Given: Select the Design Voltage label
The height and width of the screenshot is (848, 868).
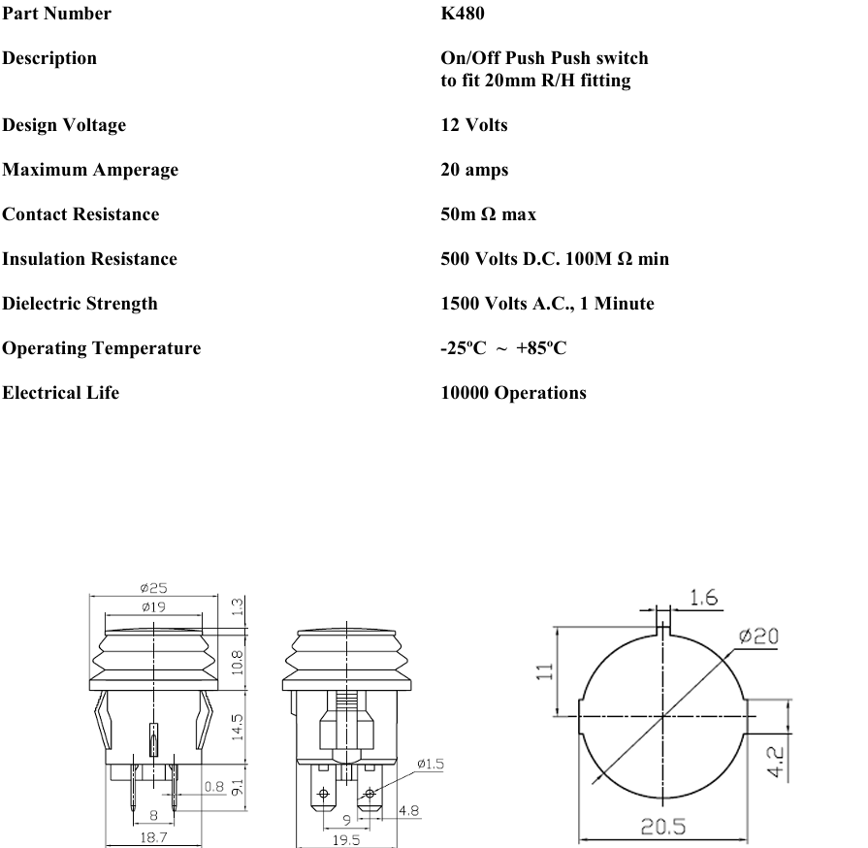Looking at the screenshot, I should [64, 125].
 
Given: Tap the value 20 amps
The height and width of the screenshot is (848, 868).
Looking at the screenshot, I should [474, 170].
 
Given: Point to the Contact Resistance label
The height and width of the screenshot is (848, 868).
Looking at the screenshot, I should [80, 214].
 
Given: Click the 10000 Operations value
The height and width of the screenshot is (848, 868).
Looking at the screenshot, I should [513, 393].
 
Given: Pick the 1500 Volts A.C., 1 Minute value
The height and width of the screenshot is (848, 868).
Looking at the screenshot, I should [547, 304].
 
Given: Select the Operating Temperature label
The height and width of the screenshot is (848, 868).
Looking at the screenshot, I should [101, 348].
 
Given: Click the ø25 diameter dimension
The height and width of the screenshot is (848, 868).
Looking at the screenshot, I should [153, 588].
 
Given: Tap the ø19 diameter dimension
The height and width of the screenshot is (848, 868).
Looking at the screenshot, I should [152, 606].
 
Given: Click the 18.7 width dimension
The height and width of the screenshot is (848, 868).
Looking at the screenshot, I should [151, 837].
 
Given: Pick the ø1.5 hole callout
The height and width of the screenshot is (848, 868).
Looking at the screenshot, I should [430, 765].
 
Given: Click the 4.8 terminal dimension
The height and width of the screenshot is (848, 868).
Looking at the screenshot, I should [408, 810].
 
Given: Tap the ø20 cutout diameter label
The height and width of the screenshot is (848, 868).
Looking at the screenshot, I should [757, 636].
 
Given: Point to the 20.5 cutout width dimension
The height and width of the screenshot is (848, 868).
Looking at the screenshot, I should [663, 828].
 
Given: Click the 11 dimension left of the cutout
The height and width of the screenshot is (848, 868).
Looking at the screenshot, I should [545, 670].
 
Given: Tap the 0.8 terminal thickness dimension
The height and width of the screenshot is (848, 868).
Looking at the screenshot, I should [214, 787].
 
